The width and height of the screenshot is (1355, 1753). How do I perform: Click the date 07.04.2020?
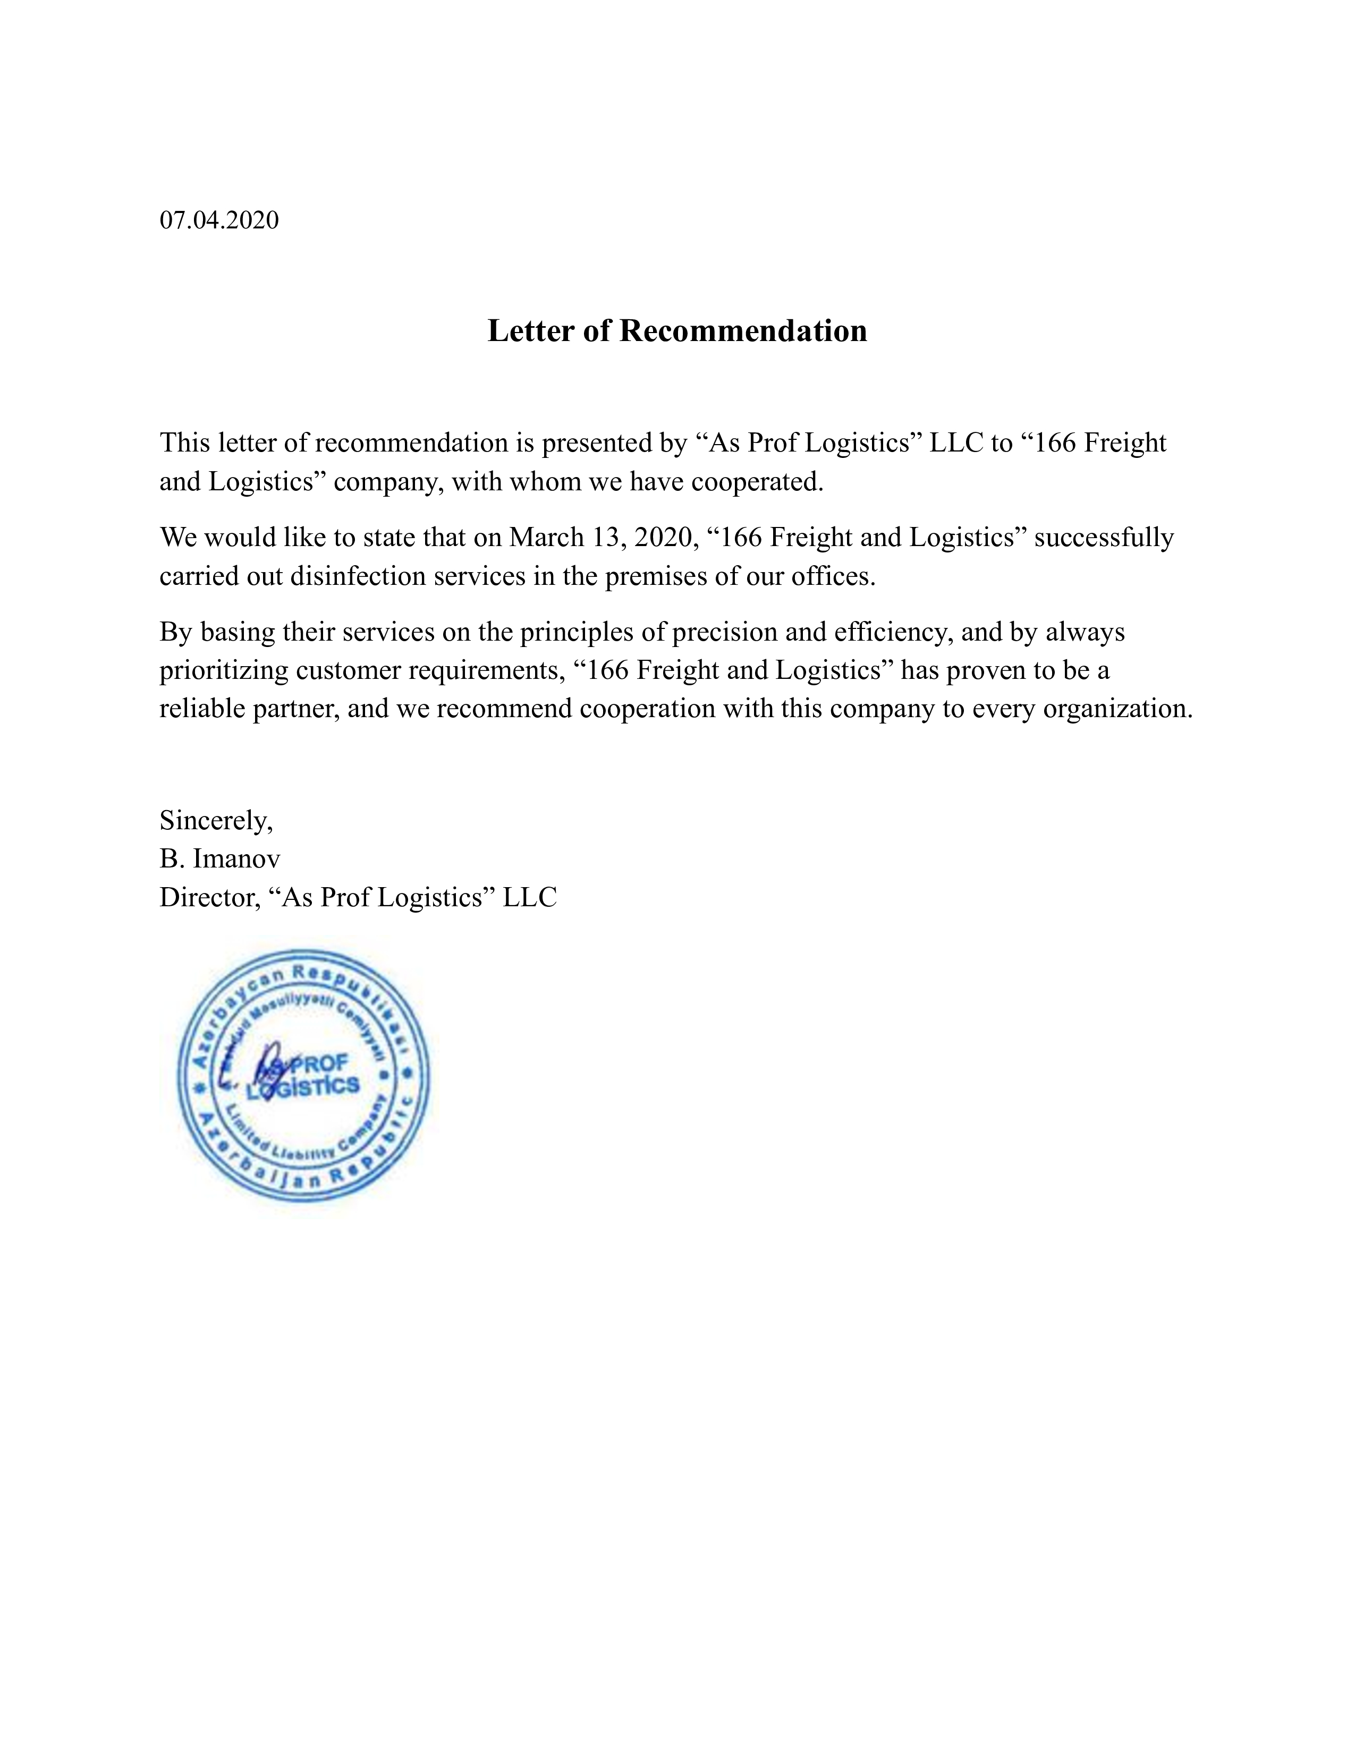click(x=219, y=220)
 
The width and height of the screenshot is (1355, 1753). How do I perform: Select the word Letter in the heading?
click(x=531, y=331)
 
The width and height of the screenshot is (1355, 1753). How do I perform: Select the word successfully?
click(x=1104, y=537)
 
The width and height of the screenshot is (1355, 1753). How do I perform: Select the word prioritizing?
click(x=224, y=670)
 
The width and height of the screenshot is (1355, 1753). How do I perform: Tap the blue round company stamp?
click(x=303, y=1076)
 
